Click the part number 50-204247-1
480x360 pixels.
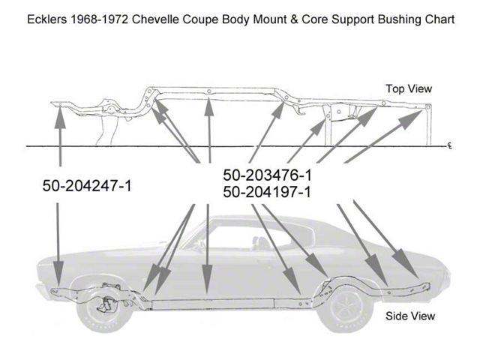click(x=87, y=185)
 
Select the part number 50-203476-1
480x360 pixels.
click(x=267, y=175)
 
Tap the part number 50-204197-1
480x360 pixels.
click(x=267, y=192)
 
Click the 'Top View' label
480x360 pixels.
click(x=409, y=88)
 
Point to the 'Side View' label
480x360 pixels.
click(x=410, y=316)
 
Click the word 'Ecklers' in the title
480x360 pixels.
click(x=47, y=19)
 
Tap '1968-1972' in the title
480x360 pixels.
click(x=100, y=19)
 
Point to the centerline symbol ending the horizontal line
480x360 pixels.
click(x=450, y=145)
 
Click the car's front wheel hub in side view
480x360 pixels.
click(x=103, y=306)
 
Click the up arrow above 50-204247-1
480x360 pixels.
click(x=60, y=136)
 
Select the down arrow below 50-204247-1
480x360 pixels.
click(x=58, y=242)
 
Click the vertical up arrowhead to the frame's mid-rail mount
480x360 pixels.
click(x=209, y=106)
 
